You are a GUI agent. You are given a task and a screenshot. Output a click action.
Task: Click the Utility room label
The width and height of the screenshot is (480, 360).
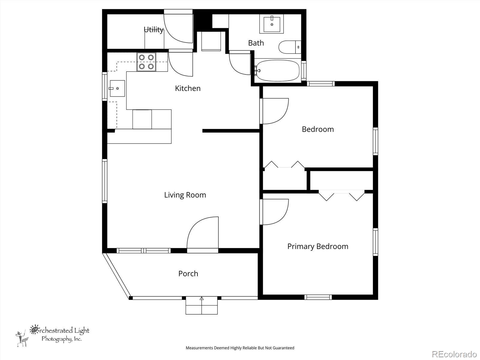[154, 29]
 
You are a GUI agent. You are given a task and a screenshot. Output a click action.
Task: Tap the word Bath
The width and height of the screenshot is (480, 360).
[256, 43]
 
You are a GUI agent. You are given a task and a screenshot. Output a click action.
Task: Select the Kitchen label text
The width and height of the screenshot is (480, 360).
[187, 88]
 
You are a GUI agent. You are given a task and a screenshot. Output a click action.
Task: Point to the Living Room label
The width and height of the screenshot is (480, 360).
[185, 195]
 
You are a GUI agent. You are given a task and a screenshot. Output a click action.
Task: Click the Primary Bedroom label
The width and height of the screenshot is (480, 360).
[318, 246]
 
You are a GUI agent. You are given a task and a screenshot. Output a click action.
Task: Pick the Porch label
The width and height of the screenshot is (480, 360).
[188, 274]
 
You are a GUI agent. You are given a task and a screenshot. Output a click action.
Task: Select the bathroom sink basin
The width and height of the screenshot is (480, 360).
[272, 24]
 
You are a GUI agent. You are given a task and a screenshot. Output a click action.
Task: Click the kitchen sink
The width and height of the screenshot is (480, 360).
[117, 88]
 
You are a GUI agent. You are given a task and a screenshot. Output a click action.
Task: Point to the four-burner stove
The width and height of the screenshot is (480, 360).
[146, 62]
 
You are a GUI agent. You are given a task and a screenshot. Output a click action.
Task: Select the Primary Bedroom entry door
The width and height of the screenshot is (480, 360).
[274, 212]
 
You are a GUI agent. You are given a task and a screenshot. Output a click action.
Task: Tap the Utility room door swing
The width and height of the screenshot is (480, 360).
[178, 26]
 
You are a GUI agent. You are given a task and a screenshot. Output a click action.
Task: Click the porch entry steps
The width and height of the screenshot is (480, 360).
[202, 305]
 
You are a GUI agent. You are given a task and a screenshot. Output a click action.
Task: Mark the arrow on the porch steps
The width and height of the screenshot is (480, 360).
[202, 298]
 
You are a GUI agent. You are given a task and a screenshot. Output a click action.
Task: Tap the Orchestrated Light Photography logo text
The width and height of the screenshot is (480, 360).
[59, 334]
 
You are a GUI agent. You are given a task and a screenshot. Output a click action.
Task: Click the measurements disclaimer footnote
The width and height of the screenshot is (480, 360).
[240, 348]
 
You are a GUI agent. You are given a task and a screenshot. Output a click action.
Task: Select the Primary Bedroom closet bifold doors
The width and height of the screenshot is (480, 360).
[342, 195]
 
